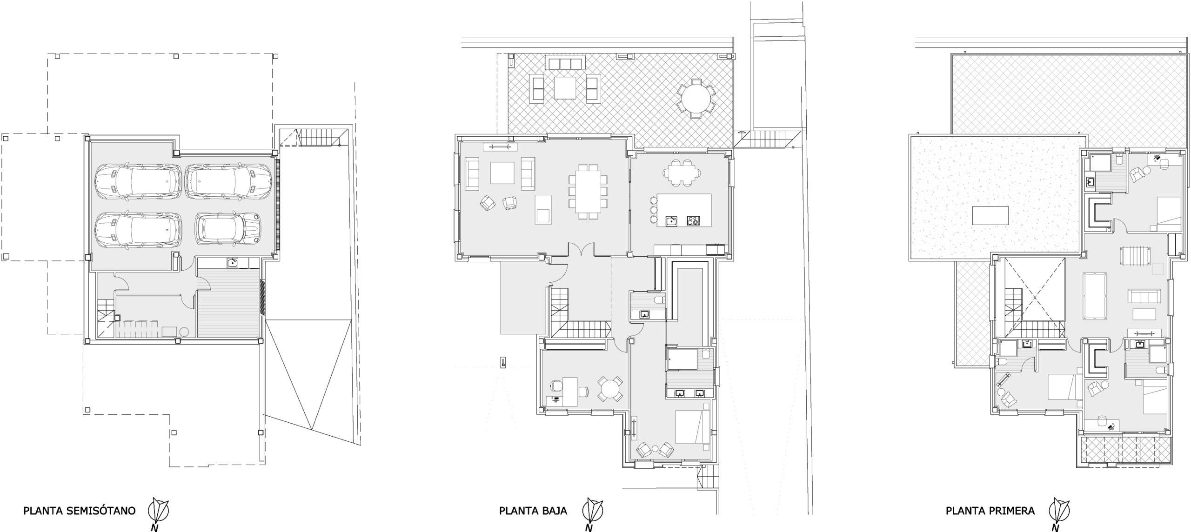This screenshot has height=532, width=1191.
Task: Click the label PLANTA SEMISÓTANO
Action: (79, 511)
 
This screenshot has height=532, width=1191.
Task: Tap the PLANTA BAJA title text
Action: (533, 511)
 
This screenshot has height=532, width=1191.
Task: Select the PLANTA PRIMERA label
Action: (990, 511)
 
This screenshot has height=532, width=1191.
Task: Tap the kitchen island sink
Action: (671, 220)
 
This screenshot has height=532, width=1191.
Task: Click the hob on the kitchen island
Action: (693, 220)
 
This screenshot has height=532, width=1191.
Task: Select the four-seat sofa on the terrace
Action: (565, 63)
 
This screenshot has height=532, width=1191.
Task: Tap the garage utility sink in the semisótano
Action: (234, 263)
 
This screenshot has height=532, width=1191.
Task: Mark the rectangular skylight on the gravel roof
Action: (990, 215)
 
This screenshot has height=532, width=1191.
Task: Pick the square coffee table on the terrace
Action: (566, 87)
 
